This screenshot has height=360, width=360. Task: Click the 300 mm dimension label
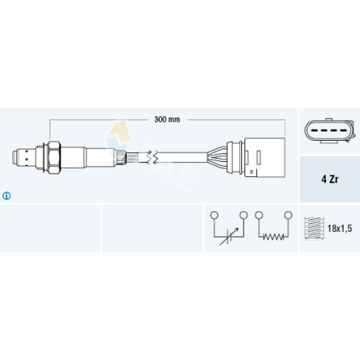(x=167, y=119)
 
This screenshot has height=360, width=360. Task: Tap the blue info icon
(x=6, y=196)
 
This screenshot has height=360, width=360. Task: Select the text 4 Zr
(x=330, y=179)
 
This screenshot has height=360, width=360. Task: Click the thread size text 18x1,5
(x=340, y=229)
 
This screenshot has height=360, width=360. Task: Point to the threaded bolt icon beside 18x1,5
(x=314, y=228)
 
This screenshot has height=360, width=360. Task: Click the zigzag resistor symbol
(x=274, y=237)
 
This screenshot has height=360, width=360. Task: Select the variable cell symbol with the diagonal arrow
(x=229, y=237)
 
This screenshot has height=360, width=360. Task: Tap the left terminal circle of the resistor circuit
(x=259, y=215)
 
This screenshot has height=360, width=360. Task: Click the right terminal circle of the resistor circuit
(x=288, y=215)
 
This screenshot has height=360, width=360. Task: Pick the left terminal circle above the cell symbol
(x=215, y=215)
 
